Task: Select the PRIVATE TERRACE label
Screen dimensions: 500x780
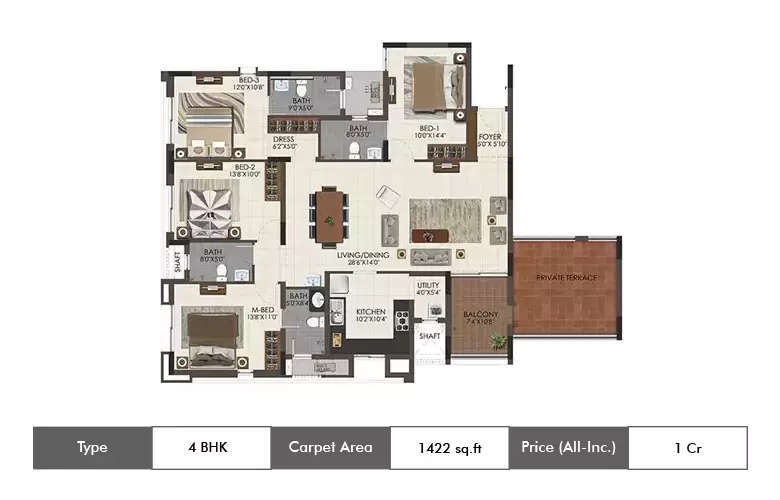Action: pyautogui.click(x=566, y=277)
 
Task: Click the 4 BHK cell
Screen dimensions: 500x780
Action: pyautogui.click(x=211, y=447)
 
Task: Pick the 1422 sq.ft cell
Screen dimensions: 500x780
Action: pyautogui.click(x=449, y=448)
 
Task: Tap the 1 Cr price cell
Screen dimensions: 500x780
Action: pyautogui.click(x=687, y=448)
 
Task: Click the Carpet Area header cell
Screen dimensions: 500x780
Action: pyautogui.click(x=330, y=447)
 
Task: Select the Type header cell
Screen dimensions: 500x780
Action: pyautogui.click(x=92, y=447)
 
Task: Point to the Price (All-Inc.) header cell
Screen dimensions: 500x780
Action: pyautogui.click(x=568, y=447)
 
